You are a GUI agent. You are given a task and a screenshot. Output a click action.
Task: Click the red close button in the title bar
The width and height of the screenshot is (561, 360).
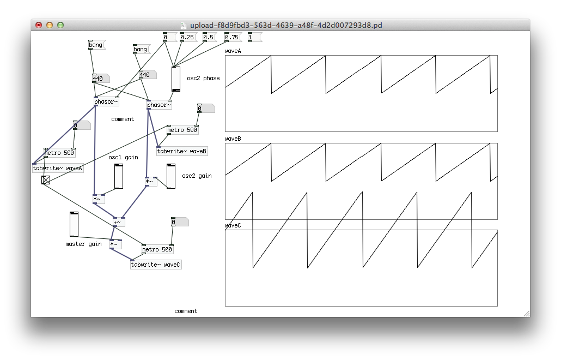(39, 25)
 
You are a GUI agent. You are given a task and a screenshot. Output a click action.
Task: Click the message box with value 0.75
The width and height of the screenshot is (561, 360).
(232, 37)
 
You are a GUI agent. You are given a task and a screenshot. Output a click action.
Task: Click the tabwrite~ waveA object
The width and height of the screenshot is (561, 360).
(57, 168)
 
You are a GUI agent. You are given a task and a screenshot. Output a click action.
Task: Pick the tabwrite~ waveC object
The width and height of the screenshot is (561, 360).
(156, 265)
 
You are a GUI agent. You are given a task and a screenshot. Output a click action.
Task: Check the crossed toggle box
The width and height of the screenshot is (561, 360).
(46, 180)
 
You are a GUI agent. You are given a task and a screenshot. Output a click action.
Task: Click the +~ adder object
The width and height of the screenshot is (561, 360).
(118, 222)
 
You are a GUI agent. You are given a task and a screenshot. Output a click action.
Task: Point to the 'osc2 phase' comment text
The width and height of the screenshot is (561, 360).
(203, 78)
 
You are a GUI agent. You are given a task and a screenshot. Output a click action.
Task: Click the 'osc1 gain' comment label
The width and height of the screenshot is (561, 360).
(123, 157)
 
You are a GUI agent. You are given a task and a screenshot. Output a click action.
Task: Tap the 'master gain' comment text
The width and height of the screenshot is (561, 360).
(83, 244)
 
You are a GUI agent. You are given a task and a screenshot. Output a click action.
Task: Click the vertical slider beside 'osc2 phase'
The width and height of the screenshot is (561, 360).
(175, 79)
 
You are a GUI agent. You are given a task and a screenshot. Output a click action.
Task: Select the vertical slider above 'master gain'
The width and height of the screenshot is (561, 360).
(74, 224)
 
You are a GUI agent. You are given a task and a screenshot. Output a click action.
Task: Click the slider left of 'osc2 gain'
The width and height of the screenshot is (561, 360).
(170, 176)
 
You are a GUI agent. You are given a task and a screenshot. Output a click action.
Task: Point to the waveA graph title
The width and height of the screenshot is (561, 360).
(233, 51)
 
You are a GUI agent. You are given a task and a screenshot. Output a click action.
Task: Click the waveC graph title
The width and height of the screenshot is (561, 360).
(233, 225)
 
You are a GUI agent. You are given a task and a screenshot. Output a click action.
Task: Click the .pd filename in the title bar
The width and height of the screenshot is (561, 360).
(282, 25)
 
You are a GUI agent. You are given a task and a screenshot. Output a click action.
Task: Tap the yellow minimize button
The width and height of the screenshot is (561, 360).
(50, 25)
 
